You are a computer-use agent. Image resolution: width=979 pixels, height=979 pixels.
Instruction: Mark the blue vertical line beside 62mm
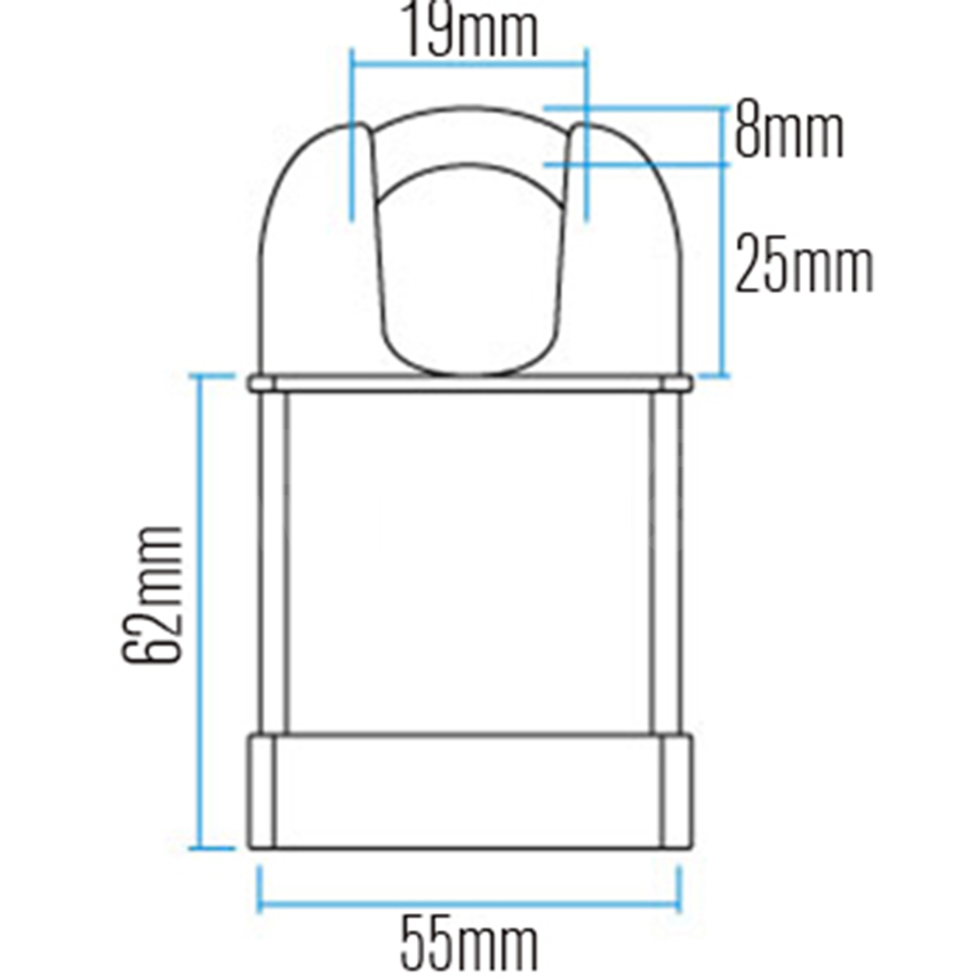coord(197,612)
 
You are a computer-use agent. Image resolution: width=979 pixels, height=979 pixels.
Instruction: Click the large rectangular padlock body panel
coord(468,563)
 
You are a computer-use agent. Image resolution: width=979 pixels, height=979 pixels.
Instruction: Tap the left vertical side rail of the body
coord(272,563)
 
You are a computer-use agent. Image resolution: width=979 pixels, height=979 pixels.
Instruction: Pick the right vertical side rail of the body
coord(664,563)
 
